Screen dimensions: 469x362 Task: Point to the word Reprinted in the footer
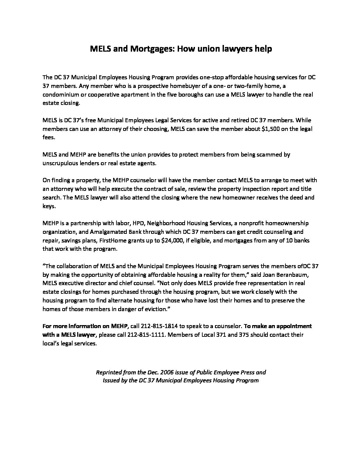108,372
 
